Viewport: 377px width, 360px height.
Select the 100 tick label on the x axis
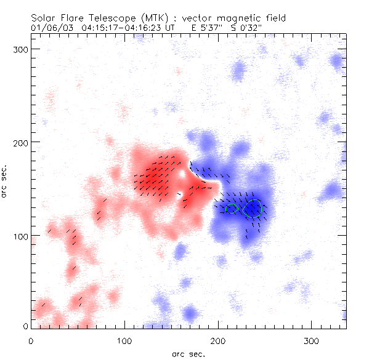pyautogui.click(x=124, y=340)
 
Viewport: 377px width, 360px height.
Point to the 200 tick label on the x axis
pyautogui.click(x=217, y=340)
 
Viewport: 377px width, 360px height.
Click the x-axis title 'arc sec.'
pyautogui.click(x=188, y=354)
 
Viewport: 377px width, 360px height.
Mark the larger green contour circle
pyautogui.click(x=253, y=209)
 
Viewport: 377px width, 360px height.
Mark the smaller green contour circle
pyautogui.click(x=232, y=209)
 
